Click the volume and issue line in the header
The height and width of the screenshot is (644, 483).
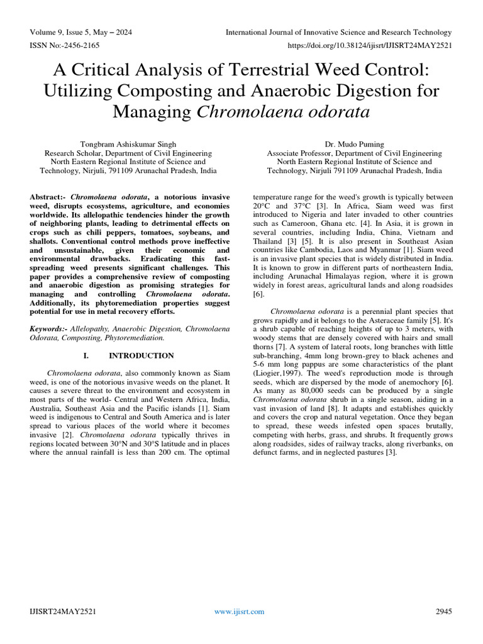81,33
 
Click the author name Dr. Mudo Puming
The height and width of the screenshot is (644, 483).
354,144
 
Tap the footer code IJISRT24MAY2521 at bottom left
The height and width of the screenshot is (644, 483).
62,611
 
